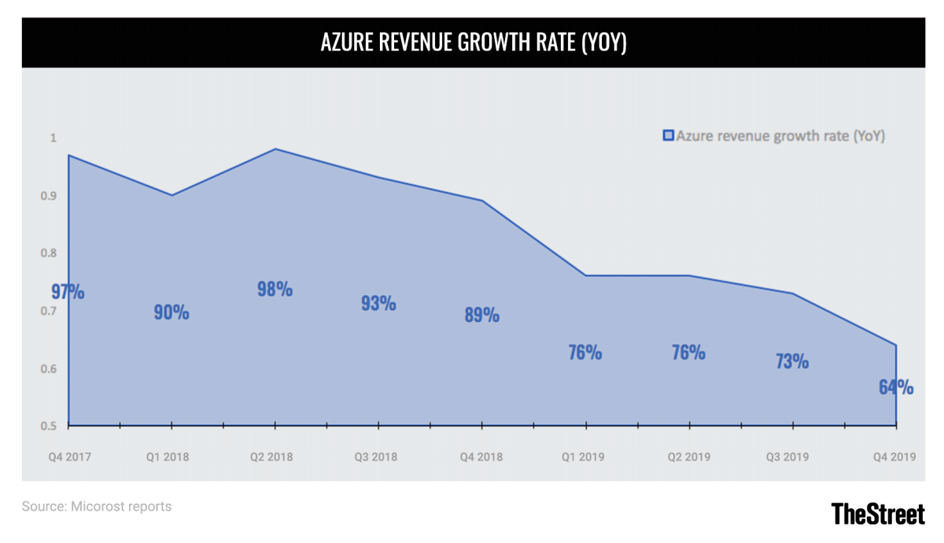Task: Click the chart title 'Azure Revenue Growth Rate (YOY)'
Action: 473,43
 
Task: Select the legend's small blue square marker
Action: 668,136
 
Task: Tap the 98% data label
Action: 275,290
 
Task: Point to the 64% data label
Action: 896,387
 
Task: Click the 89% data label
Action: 481,316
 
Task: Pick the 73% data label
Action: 791,361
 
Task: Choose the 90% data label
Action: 171,312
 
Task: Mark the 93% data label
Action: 378,303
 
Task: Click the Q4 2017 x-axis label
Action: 68,456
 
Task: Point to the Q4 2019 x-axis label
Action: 895,456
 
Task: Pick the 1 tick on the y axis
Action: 53,138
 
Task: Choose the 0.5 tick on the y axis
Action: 50,427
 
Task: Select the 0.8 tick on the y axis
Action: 50,253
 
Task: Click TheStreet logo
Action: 878,514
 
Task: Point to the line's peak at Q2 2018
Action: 275,149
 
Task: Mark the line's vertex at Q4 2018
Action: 482,201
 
